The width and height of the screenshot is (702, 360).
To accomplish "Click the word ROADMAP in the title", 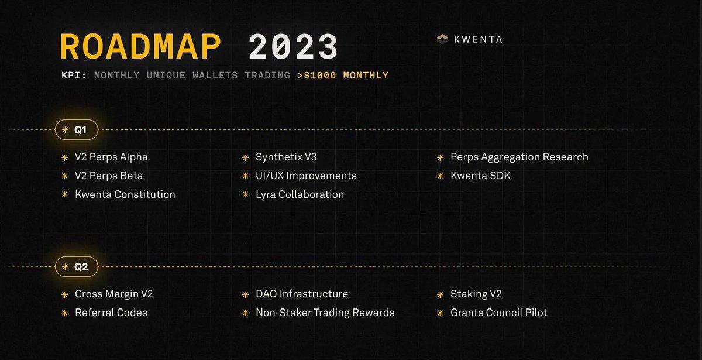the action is [x=141, y=46].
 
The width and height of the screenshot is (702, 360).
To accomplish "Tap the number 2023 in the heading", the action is [x=293, y=46].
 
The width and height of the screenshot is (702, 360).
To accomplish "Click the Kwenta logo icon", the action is [x=442, y=39].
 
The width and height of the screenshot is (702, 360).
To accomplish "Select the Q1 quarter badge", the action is [x=77, y=129].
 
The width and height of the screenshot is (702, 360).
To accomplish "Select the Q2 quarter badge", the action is [x=77, y=266].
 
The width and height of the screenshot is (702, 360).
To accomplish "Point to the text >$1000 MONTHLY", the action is [x=343, y=76].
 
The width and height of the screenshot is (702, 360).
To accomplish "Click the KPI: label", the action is [x=74, y=76].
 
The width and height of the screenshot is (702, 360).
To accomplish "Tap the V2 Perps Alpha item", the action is [x=111, y=157].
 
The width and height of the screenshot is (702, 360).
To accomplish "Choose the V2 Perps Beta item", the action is [x=109, y=176].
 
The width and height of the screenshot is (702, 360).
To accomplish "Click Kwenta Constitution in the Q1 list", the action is [x=125, y=194].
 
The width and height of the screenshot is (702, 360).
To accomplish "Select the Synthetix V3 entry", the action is [x=286, y=157].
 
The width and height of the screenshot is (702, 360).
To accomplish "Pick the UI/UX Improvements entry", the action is [x=306, y=176].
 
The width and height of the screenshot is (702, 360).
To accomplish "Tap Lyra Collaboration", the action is [x=300, y=194].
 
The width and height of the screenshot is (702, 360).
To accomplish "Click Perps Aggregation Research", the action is [x=519, y=157].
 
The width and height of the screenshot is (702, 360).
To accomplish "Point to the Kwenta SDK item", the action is [x=480, y=176].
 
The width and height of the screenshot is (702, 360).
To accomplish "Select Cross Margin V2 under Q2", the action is [x=113, y=294].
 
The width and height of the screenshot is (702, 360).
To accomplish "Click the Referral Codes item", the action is [x=111, y=313].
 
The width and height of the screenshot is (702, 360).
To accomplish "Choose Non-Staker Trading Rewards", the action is [x=325, y=313].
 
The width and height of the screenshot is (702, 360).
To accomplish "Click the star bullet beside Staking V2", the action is [x=440, y=294].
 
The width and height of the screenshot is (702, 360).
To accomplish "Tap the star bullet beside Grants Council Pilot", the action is [x=440, y=313].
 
